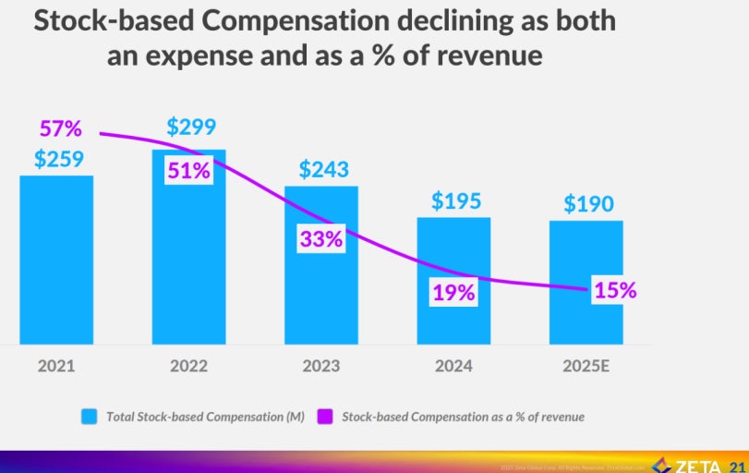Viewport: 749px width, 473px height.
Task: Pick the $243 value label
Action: [x=324, y=169]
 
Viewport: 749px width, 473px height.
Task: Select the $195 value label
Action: [x=456, y=200]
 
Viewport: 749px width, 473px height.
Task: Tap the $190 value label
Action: [x=588, y=203]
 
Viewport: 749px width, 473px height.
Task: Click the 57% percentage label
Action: [x=61, y=128]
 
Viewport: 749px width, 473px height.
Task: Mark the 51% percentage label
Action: [x=188, y=170]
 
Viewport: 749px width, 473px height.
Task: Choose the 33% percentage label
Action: [x=320, y=238]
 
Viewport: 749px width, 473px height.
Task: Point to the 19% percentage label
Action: [x=453, y=293]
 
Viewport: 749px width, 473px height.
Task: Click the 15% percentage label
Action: [x=615, y=289]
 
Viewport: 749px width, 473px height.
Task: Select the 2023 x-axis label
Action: [x=321, y=366]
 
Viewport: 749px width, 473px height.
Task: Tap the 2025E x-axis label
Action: [x=586, y=366]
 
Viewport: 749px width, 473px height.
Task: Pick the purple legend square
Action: [x=324, y=417]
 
